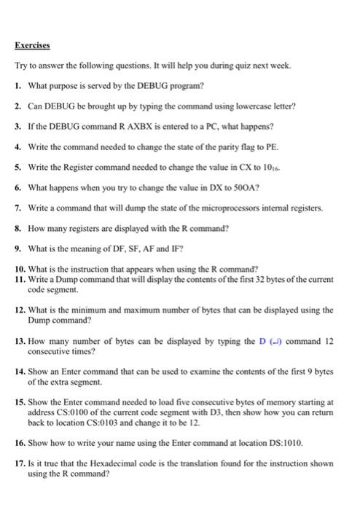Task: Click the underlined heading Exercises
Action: tap(33, 45)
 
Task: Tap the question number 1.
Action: tap(18, 86)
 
